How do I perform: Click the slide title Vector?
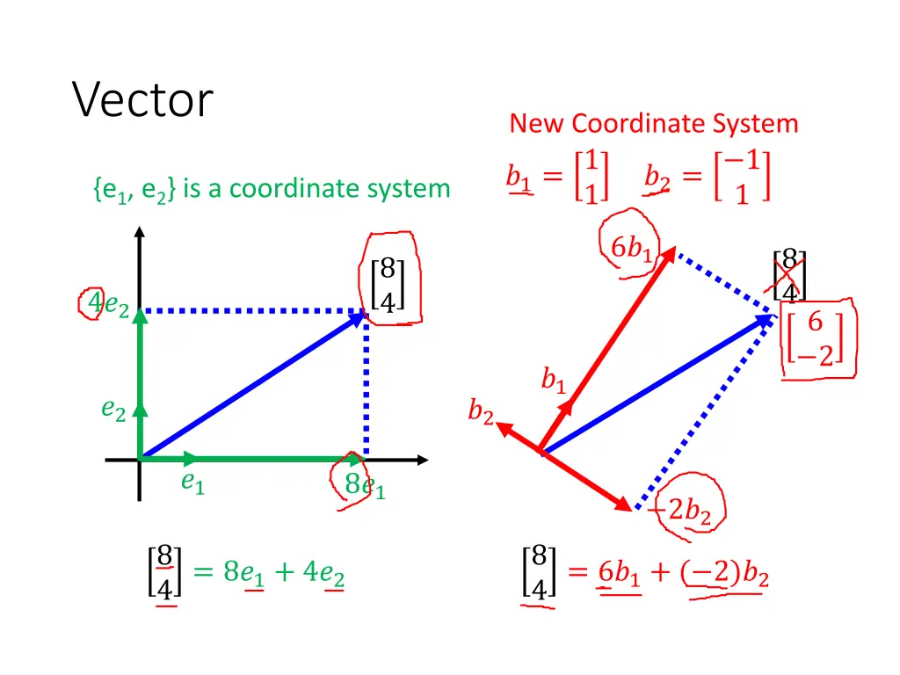click(x=142, y=99)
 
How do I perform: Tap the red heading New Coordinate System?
click(x=653, y=123)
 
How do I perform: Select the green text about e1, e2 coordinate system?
click(x=271, y=188)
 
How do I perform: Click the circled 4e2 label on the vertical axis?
click(x=109, y=305)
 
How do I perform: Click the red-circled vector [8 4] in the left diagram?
click(x=388, y=283)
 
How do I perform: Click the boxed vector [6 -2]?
click(x=816, y=338)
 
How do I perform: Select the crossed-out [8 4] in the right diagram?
click(x=788, y=275)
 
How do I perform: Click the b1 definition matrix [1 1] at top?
click(x=591, y=177)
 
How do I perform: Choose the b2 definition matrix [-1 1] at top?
click(x=743, y=177)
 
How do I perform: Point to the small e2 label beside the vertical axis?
click(x=113, y=409)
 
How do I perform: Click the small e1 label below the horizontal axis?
click(x=192, y=482)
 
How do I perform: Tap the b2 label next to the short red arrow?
click(x=480, y=411)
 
